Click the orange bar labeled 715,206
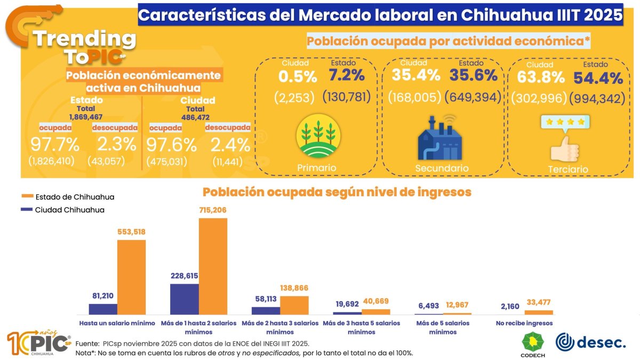pyautogui.click(x=213, y=266)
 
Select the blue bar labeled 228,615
pyautogui.click(x=184, y=299)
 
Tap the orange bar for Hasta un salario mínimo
pyautogui.click(x=131, y=277)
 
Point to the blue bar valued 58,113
pyautogui.click(x=266, y=310)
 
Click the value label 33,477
pyautogui.click(x=539, y=303)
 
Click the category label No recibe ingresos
pyautogui.click(x=524, y=323)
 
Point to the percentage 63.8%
pyautogui.click(x=540, y=77)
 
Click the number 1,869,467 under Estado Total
pyautogui.click(x=85, y=116)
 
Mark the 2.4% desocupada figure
pyautogui.click(x=230, y=145)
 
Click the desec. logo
pyautogui.click(x=590, y=342)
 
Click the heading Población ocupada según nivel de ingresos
pyautogui.click(x=337, y=192)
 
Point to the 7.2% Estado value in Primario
pyautogui.click(x=346, y=76)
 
